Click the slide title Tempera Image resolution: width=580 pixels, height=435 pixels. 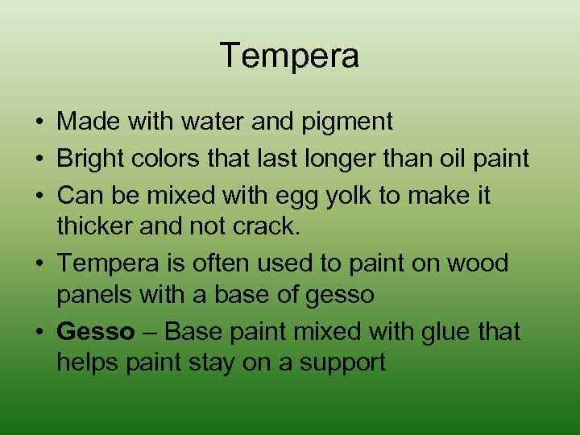click(x=289, y=56)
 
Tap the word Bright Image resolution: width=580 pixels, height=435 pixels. click(x=93, y=159)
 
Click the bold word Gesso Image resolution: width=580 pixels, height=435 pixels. click(x=96, y=331)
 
